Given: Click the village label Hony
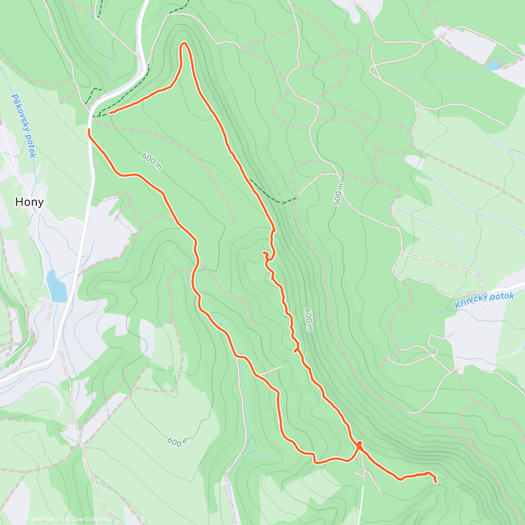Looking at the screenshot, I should [x=29, y=202].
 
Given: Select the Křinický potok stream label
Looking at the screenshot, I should [x=484, y=300].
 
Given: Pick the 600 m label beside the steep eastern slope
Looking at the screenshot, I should [x=308, y=319].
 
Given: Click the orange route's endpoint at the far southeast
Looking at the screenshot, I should [x=436, y=482].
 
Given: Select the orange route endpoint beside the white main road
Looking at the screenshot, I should [x=89, y=130].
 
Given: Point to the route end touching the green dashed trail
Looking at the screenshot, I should [x=110, y=113].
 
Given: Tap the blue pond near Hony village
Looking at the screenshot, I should [x=56, y=287].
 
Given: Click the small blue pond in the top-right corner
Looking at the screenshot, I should [x=494, y=66].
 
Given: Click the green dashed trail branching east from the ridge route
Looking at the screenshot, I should [x=273, y=196].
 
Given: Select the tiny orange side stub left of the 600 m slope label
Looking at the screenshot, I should [x=297, y=350].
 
